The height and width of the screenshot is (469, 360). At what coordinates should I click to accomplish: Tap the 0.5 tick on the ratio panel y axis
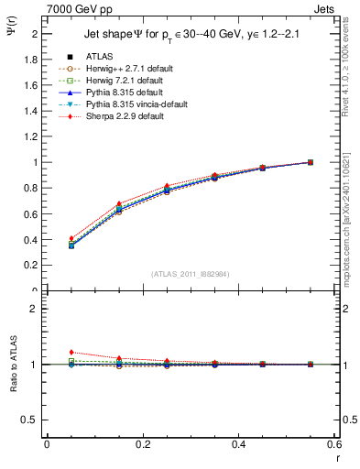[32, 420]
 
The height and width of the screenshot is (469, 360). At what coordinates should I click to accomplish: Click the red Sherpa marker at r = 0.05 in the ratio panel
[71, 352]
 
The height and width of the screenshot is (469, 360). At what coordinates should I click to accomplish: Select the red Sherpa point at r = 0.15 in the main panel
[119, 203]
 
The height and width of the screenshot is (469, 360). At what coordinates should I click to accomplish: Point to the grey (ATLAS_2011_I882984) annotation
[191, 274]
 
